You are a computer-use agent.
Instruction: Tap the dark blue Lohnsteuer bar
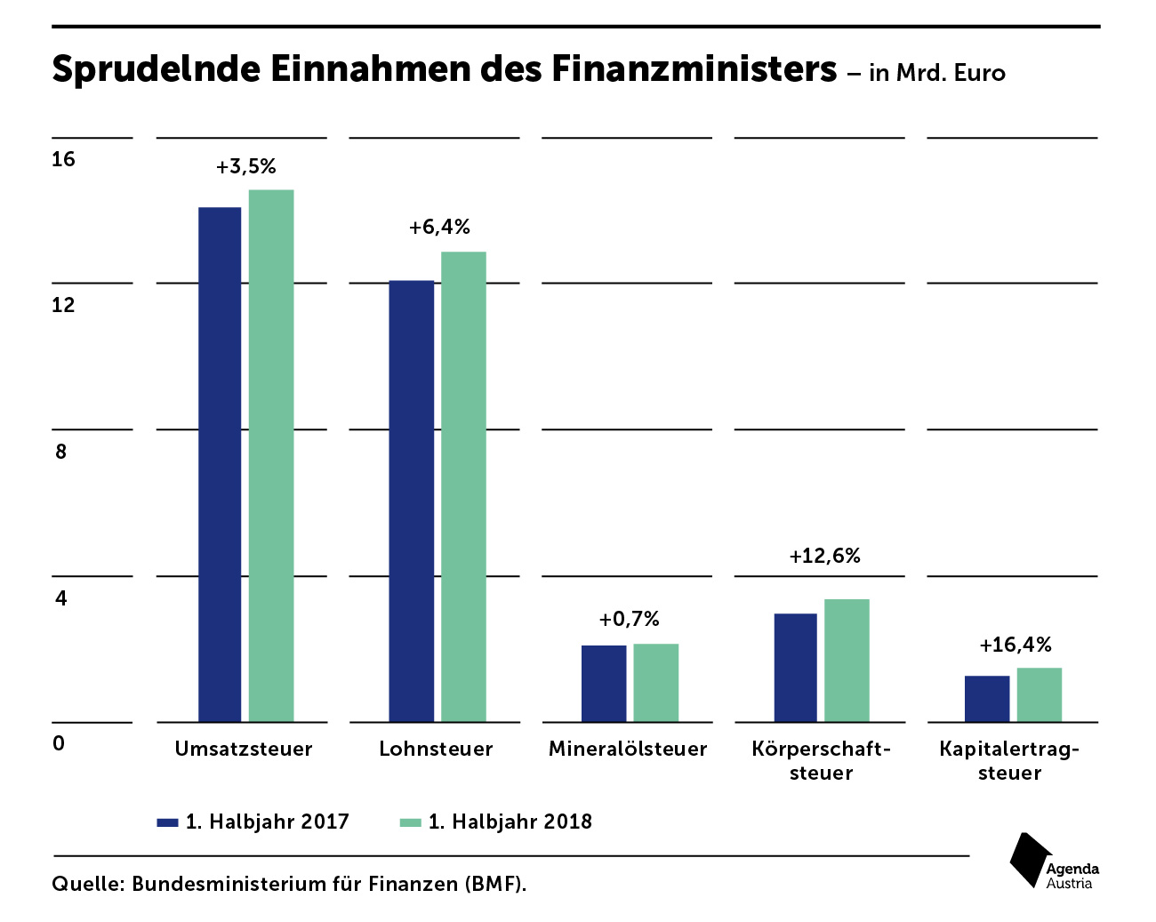click(412, 501)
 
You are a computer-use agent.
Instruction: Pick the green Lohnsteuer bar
click(463, 486)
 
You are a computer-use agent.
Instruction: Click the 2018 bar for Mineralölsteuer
click(656, 682)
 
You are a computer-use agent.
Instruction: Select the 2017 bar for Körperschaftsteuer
click(795, 667)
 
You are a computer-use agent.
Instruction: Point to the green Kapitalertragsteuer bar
click(1040, 694)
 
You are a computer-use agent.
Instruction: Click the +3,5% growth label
click(246, 166)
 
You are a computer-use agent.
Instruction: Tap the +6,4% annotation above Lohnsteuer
click(439, 228)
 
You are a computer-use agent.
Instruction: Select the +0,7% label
click(630, 619)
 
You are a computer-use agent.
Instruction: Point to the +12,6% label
click(825, 557)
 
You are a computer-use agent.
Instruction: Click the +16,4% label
click(1016, 645)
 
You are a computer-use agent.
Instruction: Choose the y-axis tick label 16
click(63, 160)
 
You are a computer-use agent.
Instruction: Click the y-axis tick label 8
click(60, 452)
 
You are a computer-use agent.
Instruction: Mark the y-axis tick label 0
click(59, 743)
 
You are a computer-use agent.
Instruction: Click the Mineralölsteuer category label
click(628, 749)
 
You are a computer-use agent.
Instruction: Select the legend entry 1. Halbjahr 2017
click(254, 822)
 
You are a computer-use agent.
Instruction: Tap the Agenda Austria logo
click(1054, 862)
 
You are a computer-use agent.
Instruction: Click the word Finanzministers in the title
click(694, 68)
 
